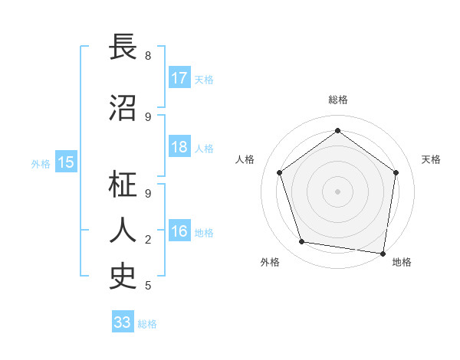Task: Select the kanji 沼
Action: click(124, 108)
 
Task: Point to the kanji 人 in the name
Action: click(124, 231)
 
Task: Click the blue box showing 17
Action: click(179, 78)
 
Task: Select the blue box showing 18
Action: click(179, 147)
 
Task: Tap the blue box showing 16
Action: click(179, 232)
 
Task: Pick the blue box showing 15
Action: click(66, 162)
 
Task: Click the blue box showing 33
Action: click(123, 322)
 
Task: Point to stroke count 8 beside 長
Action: click(148, 56)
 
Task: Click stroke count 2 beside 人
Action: click(148, 240)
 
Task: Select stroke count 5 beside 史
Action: click(148, 286)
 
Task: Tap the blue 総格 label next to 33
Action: click(147, 324)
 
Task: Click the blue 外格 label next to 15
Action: click(41, 163)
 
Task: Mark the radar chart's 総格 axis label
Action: click(338, 100)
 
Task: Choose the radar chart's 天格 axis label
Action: click(432, 159)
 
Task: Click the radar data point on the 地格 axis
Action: click(383, 253)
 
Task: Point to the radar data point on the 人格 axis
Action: click(280, 172)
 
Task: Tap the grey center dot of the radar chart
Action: click(338, 191)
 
